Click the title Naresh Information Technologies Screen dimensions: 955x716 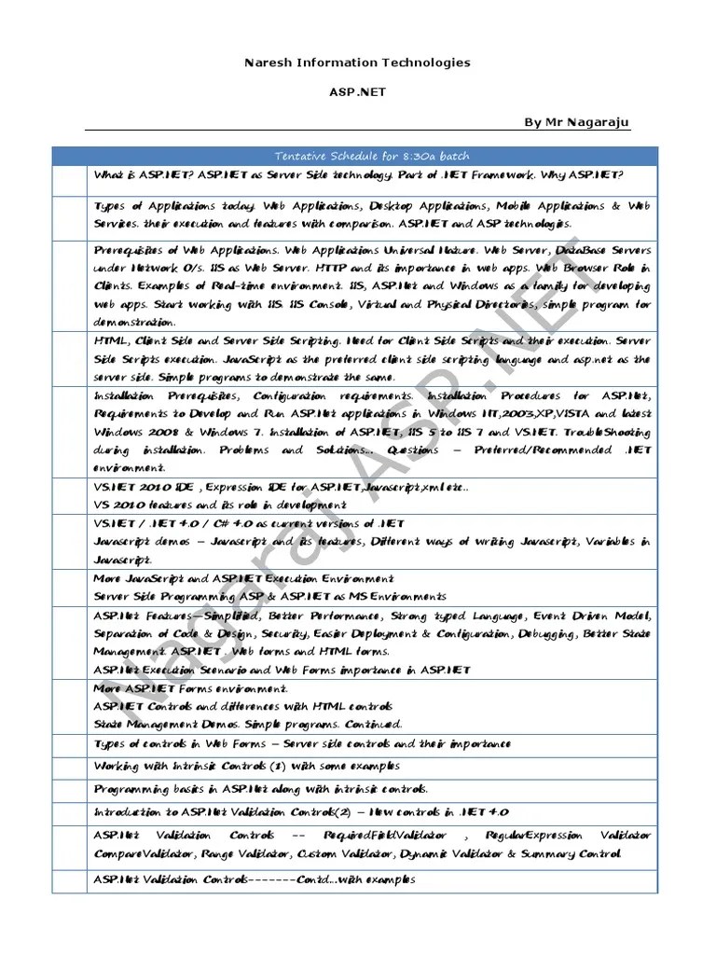(x=357, y=62)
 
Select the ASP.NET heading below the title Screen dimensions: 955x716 (x=357, y=92)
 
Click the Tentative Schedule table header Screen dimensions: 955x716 (x=371, y=156)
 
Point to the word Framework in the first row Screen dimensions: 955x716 (x=516, y=175)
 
